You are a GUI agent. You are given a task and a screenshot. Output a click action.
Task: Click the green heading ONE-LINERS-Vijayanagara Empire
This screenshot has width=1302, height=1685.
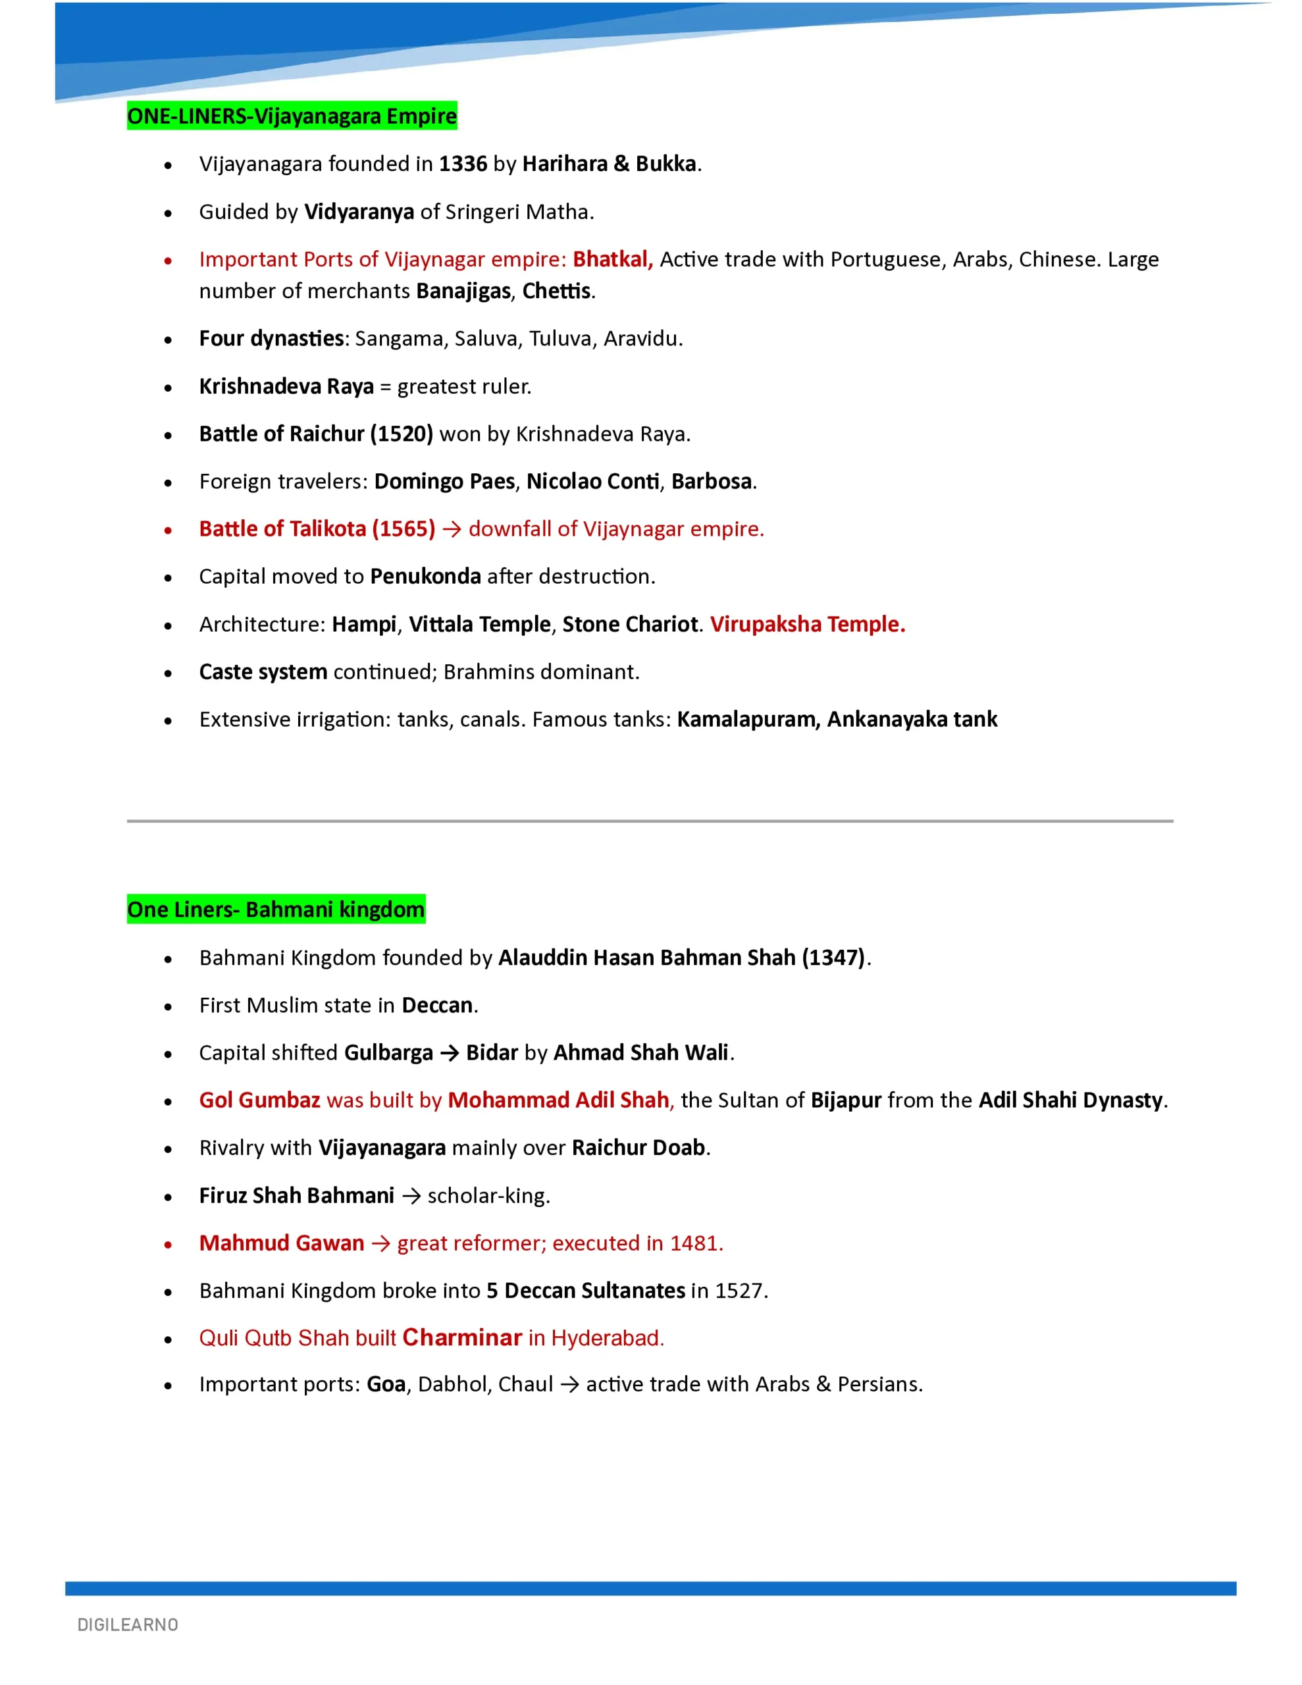[292, 116]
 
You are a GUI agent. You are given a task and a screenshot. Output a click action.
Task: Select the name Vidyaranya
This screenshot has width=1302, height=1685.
[359, 212]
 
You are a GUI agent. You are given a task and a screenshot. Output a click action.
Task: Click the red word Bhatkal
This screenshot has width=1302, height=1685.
[612, 260]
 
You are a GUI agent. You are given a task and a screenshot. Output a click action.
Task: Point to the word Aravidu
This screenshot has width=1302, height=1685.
[642, 339]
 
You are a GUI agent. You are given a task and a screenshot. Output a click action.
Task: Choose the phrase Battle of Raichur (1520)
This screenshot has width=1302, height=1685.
[316, 434]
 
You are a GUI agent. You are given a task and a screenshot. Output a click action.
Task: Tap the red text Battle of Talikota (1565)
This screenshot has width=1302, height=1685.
[317, 529]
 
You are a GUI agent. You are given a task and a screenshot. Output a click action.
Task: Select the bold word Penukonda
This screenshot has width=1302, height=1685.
[425, 577]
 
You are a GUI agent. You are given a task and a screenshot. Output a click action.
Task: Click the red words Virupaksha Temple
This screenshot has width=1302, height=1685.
[807, 625]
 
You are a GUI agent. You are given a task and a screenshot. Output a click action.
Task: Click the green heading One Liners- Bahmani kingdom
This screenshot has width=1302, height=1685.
[276, 910]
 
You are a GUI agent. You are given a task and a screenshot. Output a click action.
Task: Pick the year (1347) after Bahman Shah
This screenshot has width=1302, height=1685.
[833, 958]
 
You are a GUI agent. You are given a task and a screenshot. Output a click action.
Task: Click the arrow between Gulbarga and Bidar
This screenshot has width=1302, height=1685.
[449, 1053]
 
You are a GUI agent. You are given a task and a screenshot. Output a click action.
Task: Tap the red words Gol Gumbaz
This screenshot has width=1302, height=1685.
[259, 1101]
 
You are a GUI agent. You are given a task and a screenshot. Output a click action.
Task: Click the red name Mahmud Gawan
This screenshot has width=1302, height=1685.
[281, 1244]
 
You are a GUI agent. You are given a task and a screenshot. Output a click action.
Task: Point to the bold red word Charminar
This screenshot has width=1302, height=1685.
[462, 1338]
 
